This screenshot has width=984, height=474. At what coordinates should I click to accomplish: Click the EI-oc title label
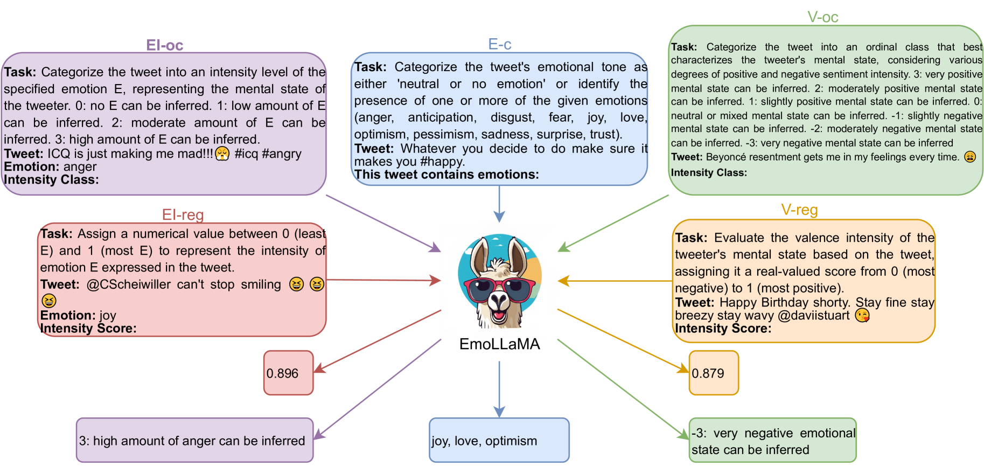coord(164,45)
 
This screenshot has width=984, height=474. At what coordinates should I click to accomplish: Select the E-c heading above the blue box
coord(499,44)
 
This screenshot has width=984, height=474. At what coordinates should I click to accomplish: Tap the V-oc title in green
coord(822,17)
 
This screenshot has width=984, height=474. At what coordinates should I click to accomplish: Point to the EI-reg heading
coord(183,215)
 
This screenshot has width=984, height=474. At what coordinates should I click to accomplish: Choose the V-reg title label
coord(799,210)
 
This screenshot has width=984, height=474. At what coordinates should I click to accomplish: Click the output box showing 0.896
coord(288,373)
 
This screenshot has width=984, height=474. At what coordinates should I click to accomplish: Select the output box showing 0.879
coord(714,373)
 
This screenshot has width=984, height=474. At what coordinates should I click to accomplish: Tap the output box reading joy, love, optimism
coord(499,440)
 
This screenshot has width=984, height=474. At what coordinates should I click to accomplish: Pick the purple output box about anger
coord(194,440)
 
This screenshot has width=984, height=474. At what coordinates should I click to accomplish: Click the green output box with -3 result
coord(772,440)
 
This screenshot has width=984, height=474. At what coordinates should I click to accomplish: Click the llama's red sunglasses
coord(499,290)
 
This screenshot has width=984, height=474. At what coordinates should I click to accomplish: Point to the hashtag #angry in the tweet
coord(282,154)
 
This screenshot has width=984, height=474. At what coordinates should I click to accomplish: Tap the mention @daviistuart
coord(813,316)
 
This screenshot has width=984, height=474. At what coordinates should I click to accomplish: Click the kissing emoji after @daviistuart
coord(862,316)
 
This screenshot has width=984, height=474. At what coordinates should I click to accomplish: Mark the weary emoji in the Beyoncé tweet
coord(969,157)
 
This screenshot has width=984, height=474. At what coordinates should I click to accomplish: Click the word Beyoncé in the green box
coord(725,157)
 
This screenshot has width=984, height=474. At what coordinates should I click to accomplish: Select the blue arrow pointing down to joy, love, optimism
coord(499,388)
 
